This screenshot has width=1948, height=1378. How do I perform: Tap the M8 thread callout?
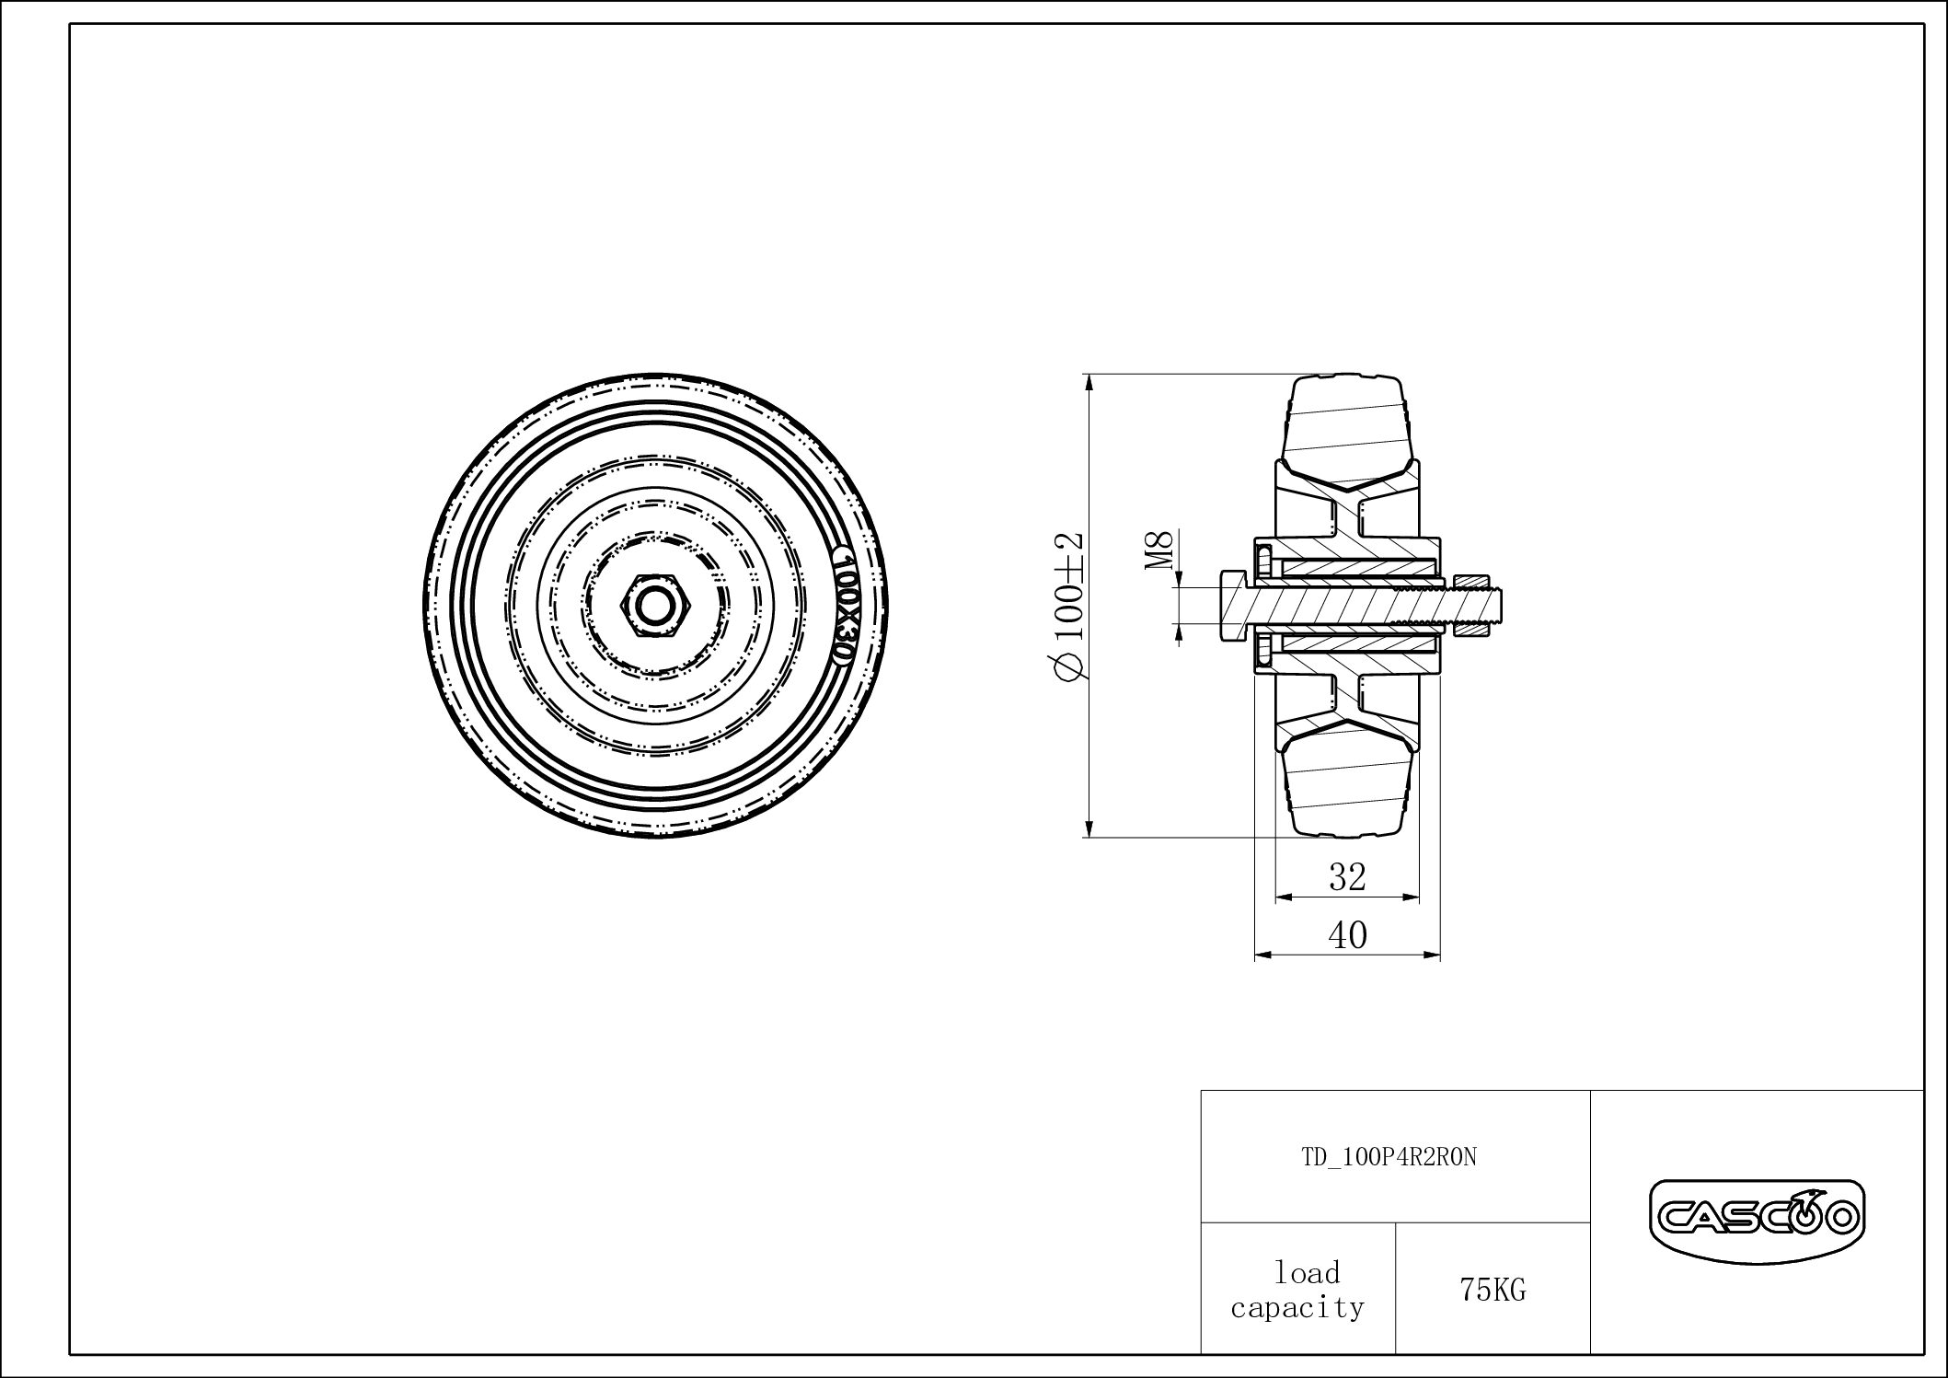point(1161,550)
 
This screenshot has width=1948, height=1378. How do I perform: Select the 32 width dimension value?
point(1347,877)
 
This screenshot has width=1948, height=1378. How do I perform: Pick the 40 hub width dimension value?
point(1347,935)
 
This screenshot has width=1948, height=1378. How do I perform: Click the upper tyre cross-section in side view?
point(1347,428)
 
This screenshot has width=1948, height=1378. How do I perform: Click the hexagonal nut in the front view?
point(653,606)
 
